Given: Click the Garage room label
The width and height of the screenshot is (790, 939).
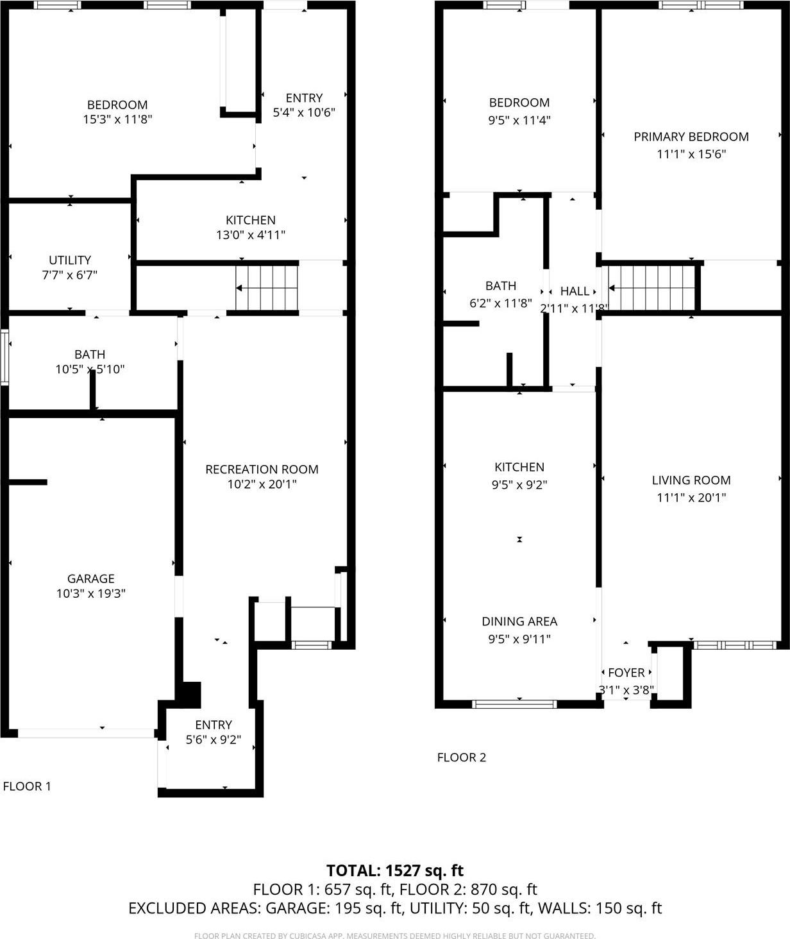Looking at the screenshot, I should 90,579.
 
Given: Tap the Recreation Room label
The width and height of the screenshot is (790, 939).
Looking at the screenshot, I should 262,469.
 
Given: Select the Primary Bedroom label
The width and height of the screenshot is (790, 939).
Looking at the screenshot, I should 691,137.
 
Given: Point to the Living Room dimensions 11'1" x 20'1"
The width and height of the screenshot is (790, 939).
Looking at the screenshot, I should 691,497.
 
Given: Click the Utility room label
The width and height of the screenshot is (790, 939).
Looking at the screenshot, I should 70,260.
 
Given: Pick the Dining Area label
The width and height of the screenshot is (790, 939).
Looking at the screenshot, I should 519,622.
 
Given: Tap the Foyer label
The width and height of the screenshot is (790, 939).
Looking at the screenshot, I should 626,673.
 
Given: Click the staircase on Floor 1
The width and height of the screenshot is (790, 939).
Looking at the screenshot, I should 267,288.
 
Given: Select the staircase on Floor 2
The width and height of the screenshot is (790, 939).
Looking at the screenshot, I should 651,288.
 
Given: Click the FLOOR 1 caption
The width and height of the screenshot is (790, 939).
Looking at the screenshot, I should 27,786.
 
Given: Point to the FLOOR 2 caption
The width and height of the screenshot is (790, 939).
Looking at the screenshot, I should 462,757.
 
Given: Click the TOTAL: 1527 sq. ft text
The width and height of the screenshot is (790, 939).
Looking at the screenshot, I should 394,870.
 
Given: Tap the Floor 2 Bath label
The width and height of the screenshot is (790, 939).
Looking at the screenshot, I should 500,286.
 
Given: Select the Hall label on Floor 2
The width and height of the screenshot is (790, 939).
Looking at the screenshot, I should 575,291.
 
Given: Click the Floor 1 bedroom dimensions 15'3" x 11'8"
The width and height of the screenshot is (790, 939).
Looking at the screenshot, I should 117,119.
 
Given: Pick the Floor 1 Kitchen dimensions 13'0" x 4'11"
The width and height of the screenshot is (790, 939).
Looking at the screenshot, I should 250,235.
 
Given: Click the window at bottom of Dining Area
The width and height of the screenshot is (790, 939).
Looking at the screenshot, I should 514,704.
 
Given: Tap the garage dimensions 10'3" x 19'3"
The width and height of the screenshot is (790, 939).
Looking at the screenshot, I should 90,594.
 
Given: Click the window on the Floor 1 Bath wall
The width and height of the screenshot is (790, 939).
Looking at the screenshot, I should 4,357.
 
